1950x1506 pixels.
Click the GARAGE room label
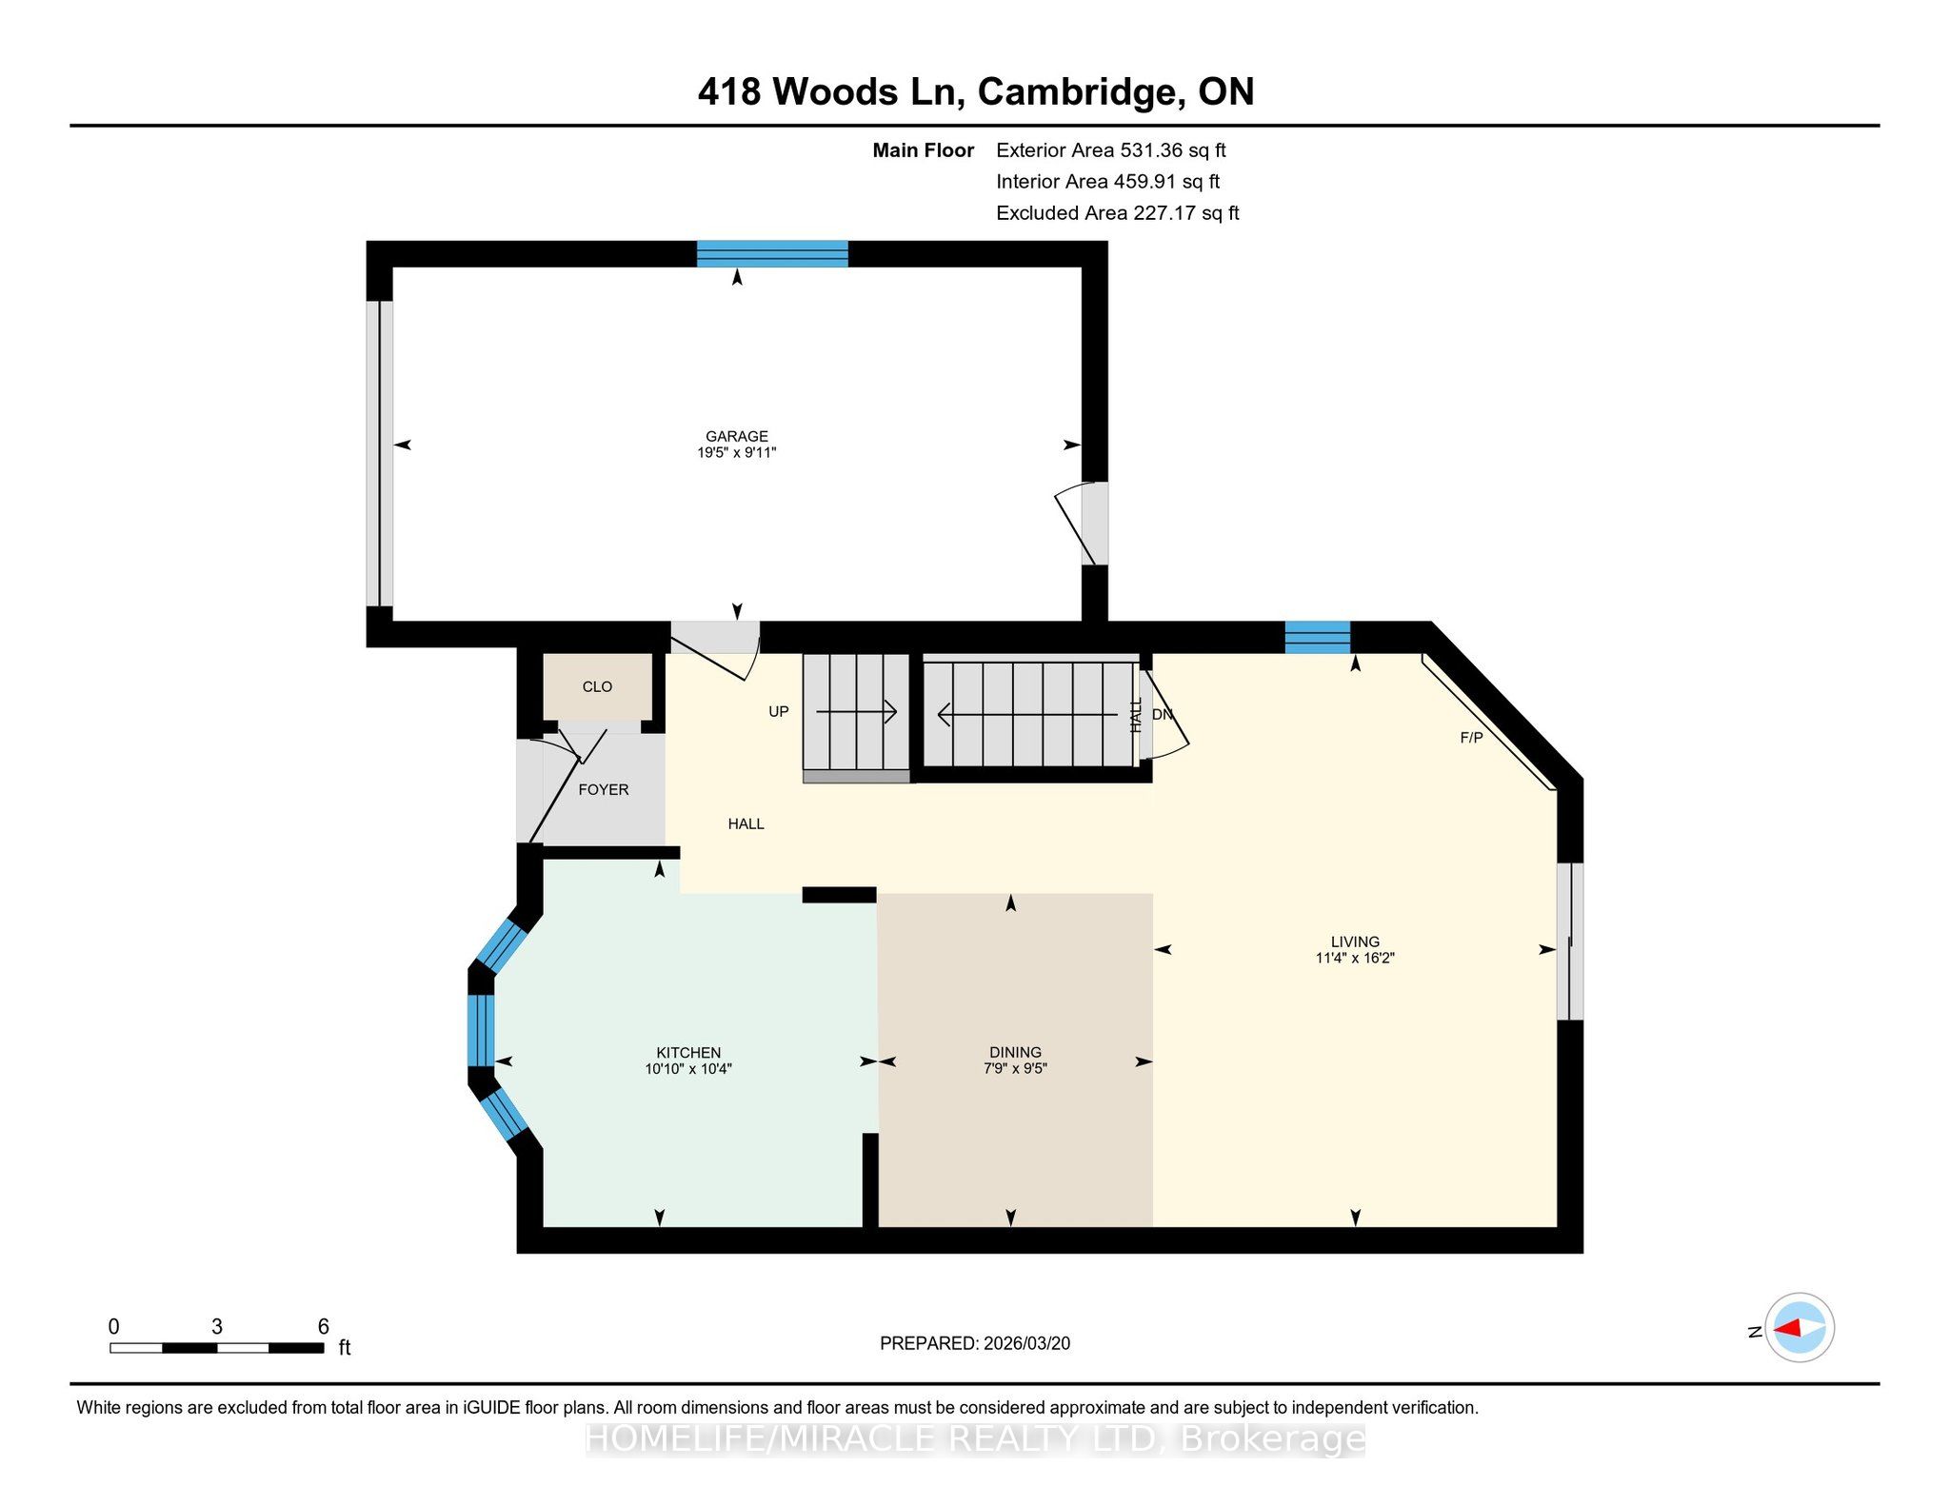click(737, 437)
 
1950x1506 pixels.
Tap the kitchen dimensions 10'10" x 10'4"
click(688, 1069)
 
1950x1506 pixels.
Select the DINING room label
click(1015, 1053)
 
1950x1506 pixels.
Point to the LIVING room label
click(1355, 942)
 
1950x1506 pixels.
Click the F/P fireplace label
click(1471, 738)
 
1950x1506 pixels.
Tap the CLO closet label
click(597, 687)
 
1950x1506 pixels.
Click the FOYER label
click(604, 790)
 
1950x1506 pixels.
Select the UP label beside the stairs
click(779, 712)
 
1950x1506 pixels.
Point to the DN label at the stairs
click(1163, 715)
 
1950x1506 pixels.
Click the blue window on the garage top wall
click(772, 254)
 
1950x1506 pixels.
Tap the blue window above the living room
click(1318, 637)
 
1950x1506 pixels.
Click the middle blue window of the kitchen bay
click(481, 1030)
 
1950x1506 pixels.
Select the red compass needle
click(1787, 1328)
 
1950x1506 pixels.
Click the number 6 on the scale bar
click(324, 1327)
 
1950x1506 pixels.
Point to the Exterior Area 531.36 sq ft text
click(1111, 150)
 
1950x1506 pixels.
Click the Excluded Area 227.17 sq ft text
click(1118, 213)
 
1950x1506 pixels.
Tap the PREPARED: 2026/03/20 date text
click(975, 1343)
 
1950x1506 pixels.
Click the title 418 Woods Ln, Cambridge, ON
click(976, 91)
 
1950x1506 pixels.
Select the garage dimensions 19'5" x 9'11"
click(737, 453)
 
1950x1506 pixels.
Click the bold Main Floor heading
click(924, 150)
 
